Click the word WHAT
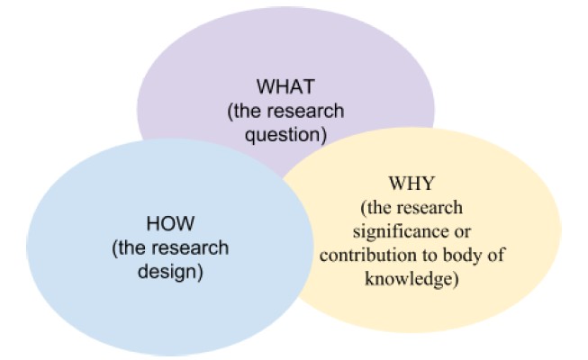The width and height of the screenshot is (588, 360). click(x=285, y=86)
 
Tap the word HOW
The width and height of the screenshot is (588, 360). click(x=170, y=223)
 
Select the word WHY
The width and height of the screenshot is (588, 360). click(x=412, y=184)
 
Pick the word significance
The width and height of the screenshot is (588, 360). click(x=396, y=231)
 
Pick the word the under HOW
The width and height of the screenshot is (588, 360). click(x=131, y=248)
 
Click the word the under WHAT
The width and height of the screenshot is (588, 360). click(x=247, y=111)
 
